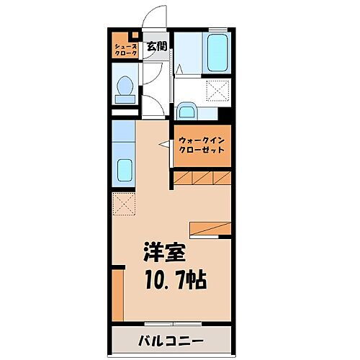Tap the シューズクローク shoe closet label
[125, 50]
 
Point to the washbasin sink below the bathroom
[186, 111]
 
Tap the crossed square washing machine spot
[218, 91]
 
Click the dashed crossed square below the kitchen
[123, 204]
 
